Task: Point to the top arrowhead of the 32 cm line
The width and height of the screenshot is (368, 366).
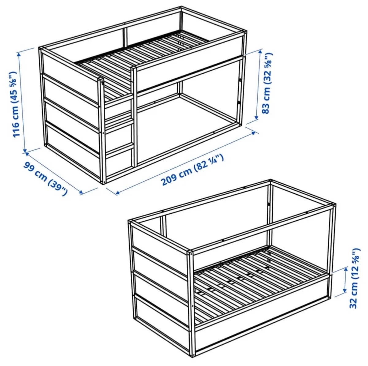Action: [x=346, y=269]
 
